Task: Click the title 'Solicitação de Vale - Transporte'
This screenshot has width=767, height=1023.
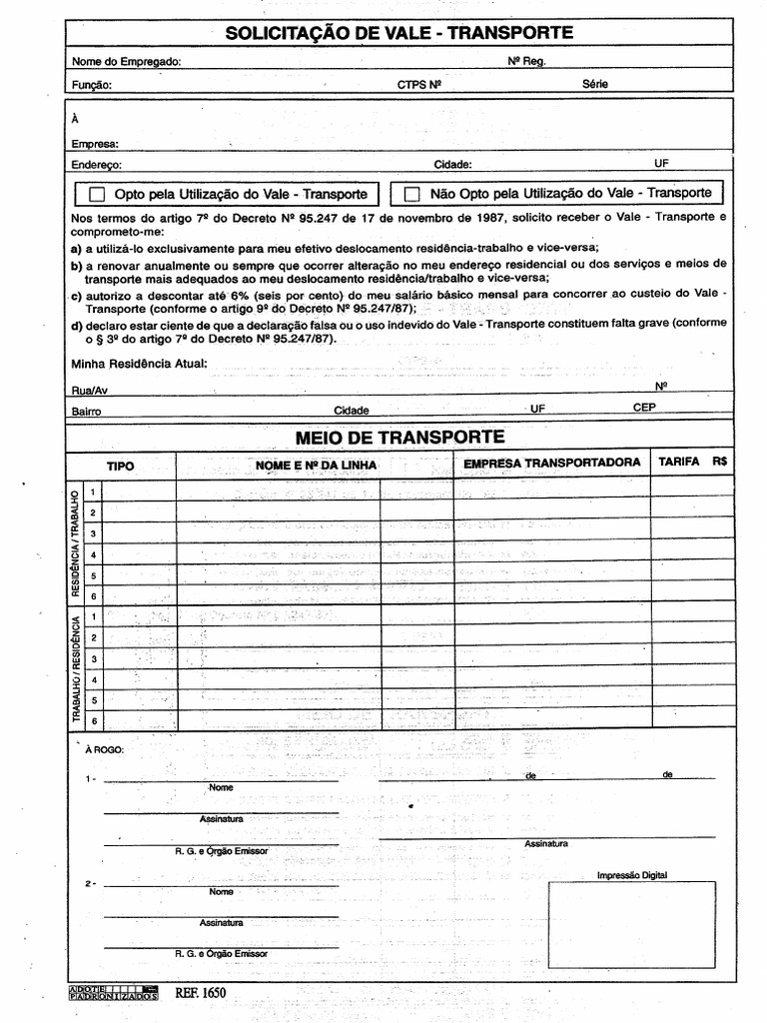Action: (x=399, y=33)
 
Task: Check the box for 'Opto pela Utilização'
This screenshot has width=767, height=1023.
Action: (x=98, y=194)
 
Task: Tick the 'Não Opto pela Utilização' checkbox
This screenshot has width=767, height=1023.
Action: (x=411, y=194)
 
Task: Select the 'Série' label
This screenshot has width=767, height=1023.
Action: (x=594, y=85)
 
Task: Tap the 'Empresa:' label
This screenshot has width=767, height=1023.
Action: (x=96, y=144)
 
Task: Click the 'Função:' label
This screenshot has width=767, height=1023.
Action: (x=92, y=86)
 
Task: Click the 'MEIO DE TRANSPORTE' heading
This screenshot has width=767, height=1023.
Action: (x=400, y=438)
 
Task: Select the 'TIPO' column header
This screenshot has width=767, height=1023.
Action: (x=121, y=467)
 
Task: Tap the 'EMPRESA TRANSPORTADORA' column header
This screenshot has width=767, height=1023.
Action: (x=551, y=464)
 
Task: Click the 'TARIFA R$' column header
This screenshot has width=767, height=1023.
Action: (x=692, y=463)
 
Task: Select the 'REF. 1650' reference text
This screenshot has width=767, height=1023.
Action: (x=201, y=993)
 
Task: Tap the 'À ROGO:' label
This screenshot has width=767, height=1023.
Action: (x=105, y=748)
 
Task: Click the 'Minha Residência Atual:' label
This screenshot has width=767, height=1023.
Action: (x=140, y=363)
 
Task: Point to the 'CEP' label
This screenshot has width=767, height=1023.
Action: (x=644, y=408)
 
